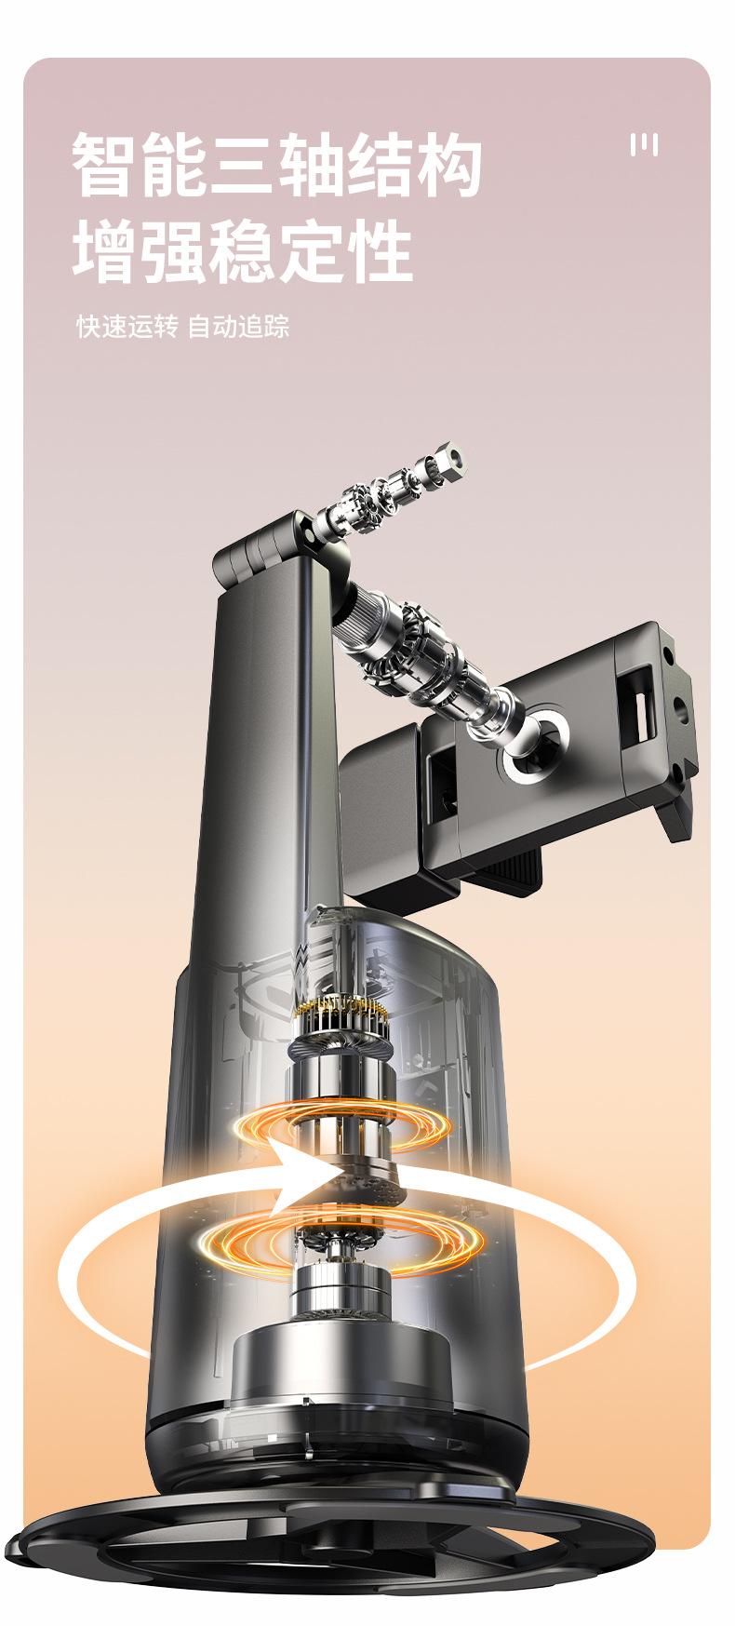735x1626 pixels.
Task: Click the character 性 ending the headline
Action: [x=381, y=249]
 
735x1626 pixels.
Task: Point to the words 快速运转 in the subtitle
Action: [x=126, y=327]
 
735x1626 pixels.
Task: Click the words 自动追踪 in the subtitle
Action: [x=239, y=327]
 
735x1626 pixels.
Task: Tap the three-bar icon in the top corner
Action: [x=644, y=145]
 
